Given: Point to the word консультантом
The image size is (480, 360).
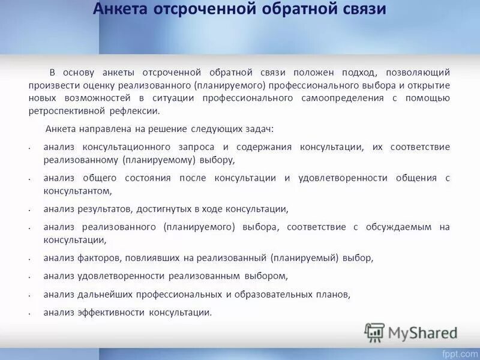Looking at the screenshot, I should (77, 191).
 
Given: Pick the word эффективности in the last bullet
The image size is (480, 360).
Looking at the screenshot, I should (110, 313).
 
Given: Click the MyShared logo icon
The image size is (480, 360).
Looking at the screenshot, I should (374, 332).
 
